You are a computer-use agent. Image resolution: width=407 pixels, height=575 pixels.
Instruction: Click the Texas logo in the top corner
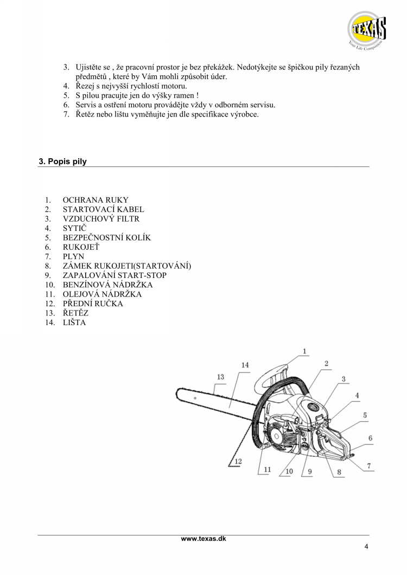click(x=366, y=30)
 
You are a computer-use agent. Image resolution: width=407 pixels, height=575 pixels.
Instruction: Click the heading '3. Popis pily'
click(x=63, y=161)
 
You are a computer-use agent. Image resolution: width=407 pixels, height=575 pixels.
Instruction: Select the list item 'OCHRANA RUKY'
click(x=96, y=200)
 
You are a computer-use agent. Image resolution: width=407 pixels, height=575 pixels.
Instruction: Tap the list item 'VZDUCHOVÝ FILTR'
click(x=101, y=219)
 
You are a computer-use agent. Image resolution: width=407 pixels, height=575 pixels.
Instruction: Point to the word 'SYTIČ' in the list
click(x=74, y=228)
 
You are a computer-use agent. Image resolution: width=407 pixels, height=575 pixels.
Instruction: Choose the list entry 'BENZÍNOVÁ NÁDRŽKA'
click(x=107, y=285)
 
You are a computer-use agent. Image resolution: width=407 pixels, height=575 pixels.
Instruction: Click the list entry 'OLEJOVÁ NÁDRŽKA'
click(x=102, y=294)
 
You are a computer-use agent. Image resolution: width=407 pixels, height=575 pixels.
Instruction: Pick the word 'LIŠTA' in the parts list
click(x=74, y=322)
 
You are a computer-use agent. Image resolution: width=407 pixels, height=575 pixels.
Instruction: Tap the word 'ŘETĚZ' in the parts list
click(x=75, y=313)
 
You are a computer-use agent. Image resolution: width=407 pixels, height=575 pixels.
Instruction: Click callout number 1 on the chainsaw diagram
click(x=304, y=351)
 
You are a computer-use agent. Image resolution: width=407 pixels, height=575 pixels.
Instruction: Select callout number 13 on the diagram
click(x=220, y=377)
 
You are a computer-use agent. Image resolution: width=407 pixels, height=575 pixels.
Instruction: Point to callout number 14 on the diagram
click(x=245, y=365)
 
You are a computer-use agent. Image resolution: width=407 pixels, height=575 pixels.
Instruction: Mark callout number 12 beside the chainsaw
click(x=238, y=461)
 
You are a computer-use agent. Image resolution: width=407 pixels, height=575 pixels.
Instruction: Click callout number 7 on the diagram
click(x=369, y=466)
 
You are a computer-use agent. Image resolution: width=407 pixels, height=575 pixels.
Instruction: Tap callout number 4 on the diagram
click(x=357, y=395)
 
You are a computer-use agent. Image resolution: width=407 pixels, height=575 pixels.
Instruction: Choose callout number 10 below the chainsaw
click(x=289, y=471)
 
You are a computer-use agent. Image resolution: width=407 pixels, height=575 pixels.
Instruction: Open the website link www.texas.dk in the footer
click(x=203, y=539)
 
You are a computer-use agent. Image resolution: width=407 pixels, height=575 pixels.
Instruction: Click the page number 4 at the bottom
click(x=366, y=547)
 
